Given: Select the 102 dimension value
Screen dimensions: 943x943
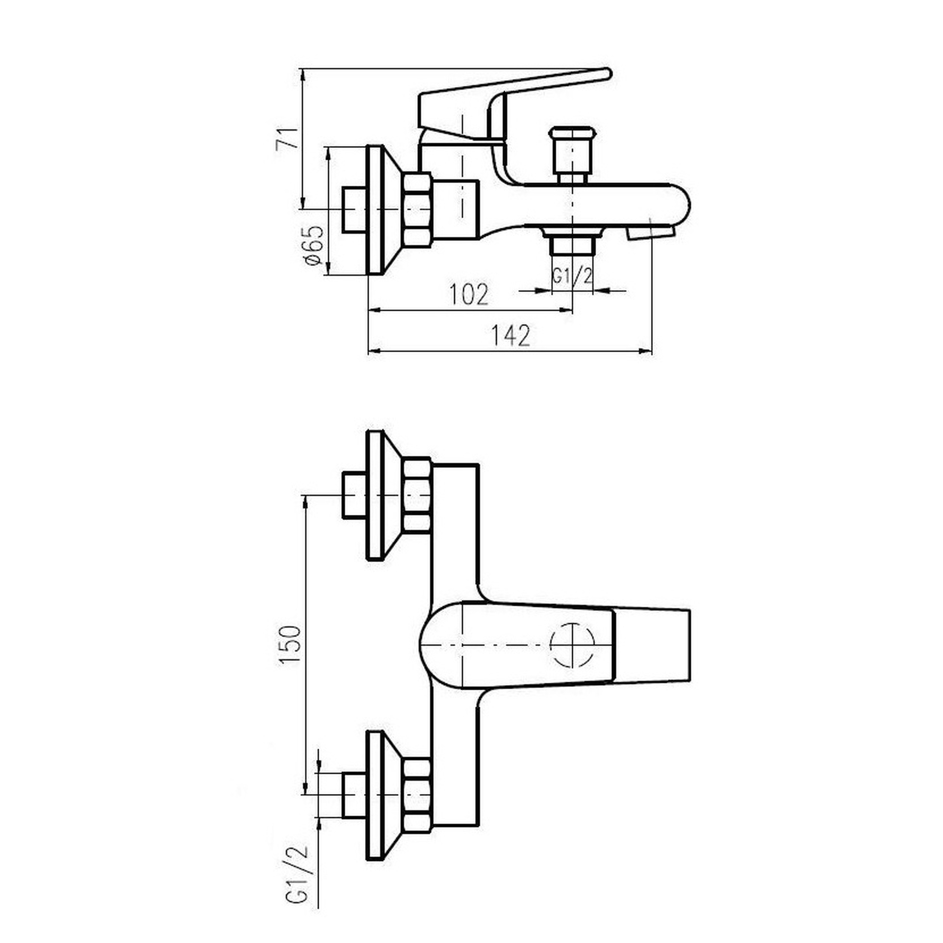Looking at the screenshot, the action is pos(469,294).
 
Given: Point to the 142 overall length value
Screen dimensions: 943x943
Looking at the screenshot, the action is pos(510,336).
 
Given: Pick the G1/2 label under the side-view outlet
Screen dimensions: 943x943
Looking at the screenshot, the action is pos(572,276).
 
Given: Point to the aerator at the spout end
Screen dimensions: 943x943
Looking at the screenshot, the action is pos(650,233).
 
